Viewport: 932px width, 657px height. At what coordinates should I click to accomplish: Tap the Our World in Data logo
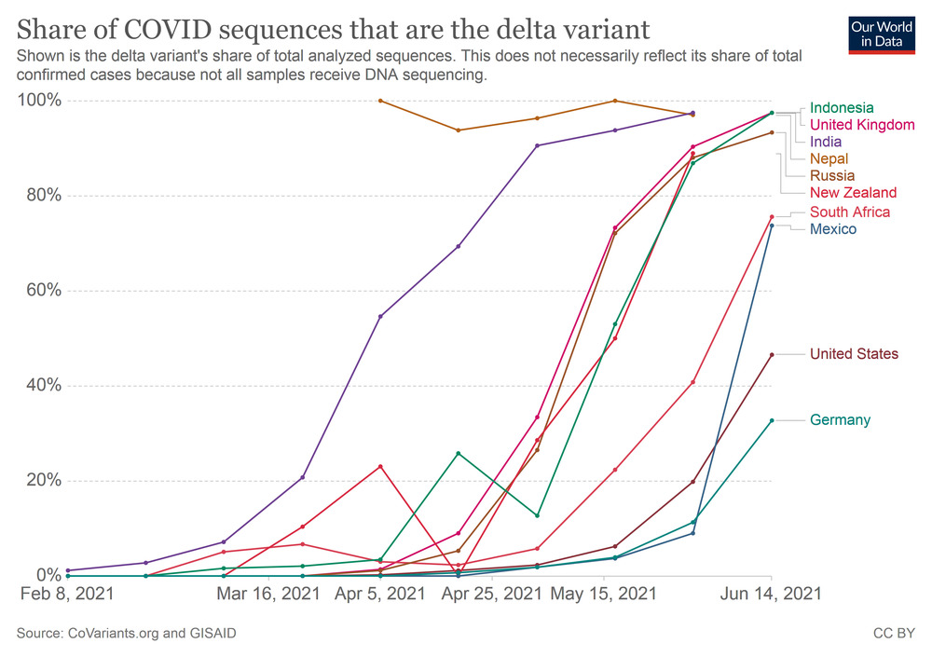pos(881,35)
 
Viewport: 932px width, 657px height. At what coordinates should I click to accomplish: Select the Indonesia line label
pos(842,108)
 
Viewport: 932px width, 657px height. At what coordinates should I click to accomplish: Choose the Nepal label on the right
pos(829,159)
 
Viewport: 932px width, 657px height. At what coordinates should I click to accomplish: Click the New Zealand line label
pos(853,193)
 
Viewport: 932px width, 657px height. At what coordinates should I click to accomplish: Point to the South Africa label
pos(849,212)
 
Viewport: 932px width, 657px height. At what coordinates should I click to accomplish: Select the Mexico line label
pos(833,229)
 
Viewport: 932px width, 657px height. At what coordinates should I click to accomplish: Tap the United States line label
pos(854,354)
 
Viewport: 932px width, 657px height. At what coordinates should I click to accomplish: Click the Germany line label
pos(840,420)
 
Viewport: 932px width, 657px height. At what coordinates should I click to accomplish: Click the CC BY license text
pos(894,634)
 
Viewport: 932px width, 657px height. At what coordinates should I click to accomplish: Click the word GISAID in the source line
pos(209,634)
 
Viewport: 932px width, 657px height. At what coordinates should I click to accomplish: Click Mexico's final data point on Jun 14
pos(772,226)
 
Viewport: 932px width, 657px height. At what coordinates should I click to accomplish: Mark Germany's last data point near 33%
pos(772,420)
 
